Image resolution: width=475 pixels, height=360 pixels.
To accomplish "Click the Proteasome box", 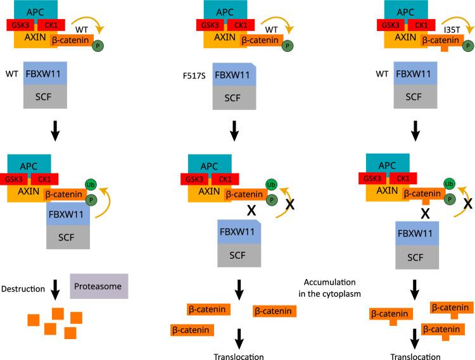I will tap(99, 287).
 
